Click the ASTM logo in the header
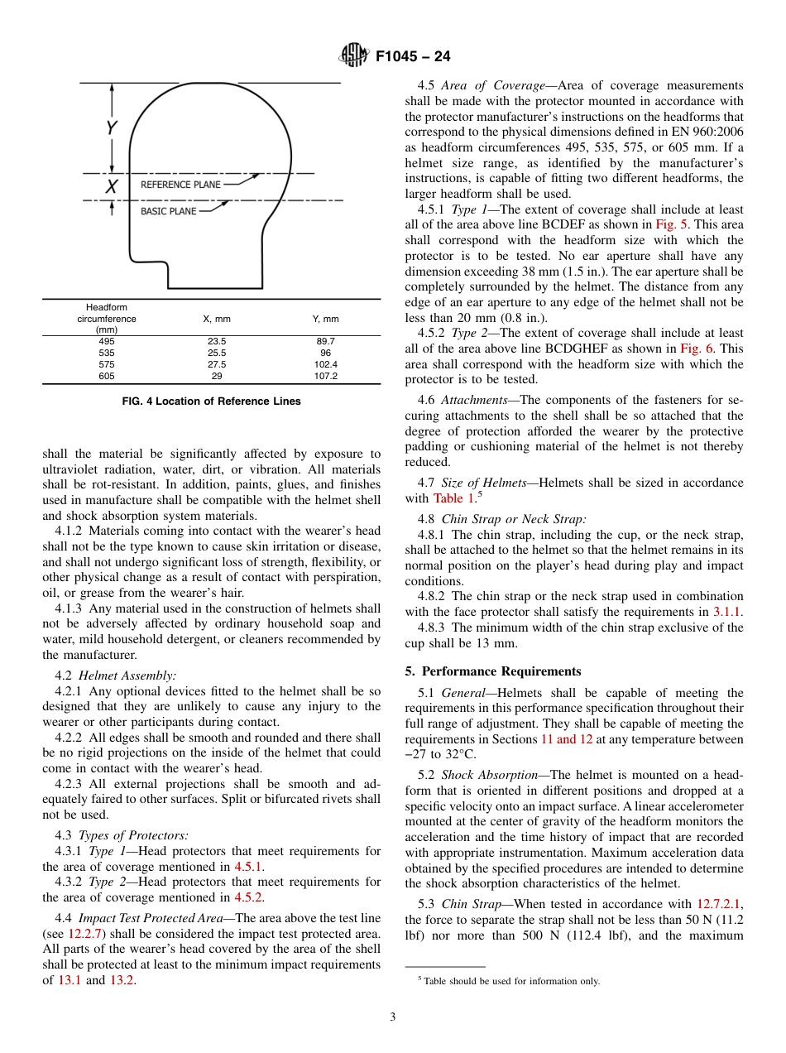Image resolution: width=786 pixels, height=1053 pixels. [355, 56]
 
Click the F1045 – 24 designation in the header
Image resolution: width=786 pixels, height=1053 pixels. [413, 57]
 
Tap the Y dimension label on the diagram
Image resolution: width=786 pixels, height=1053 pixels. [111, 127]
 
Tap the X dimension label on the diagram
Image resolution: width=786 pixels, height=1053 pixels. [110, 187]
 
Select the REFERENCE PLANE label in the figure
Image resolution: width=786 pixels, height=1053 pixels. [180, 185]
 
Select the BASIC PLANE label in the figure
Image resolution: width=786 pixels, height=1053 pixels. [168, 211]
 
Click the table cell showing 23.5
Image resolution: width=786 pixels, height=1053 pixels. [217, 341]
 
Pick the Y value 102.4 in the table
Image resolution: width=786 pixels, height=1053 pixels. [327, 364]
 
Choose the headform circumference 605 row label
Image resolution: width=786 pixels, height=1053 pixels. [107, 376]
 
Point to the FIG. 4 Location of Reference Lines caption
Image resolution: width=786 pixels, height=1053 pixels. [211, 401]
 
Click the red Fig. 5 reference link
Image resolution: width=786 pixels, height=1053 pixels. [669, 225]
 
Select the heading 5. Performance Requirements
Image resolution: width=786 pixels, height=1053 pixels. [492, 671]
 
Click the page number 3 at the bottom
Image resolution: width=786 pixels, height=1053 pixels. [392, 1017]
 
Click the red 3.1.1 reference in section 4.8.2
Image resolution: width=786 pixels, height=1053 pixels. [727, 612]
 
